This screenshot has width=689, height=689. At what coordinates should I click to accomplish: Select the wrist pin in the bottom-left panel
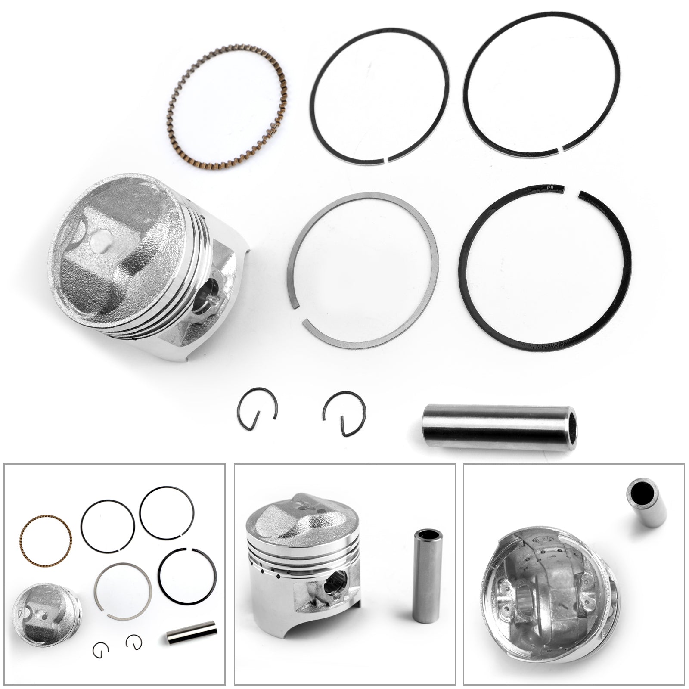tap(191, 632)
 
